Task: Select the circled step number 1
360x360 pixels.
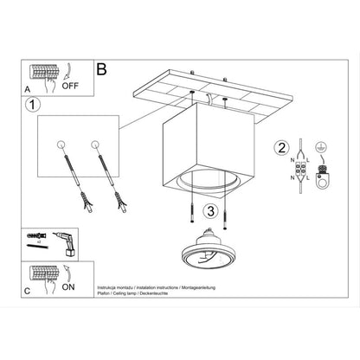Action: [32, 106]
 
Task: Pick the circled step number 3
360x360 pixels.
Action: [209, 209]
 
